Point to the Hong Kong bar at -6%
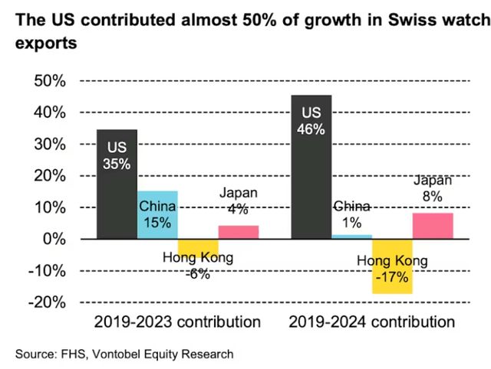click(198, 248)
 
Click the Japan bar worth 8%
click(433, 226)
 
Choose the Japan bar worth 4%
click(238, 232)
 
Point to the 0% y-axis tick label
click(55, 240)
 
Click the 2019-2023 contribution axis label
click(177, 321)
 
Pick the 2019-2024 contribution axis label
click(372, 321)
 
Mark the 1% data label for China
click(352, 223)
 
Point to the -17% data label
click(392, 277)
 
